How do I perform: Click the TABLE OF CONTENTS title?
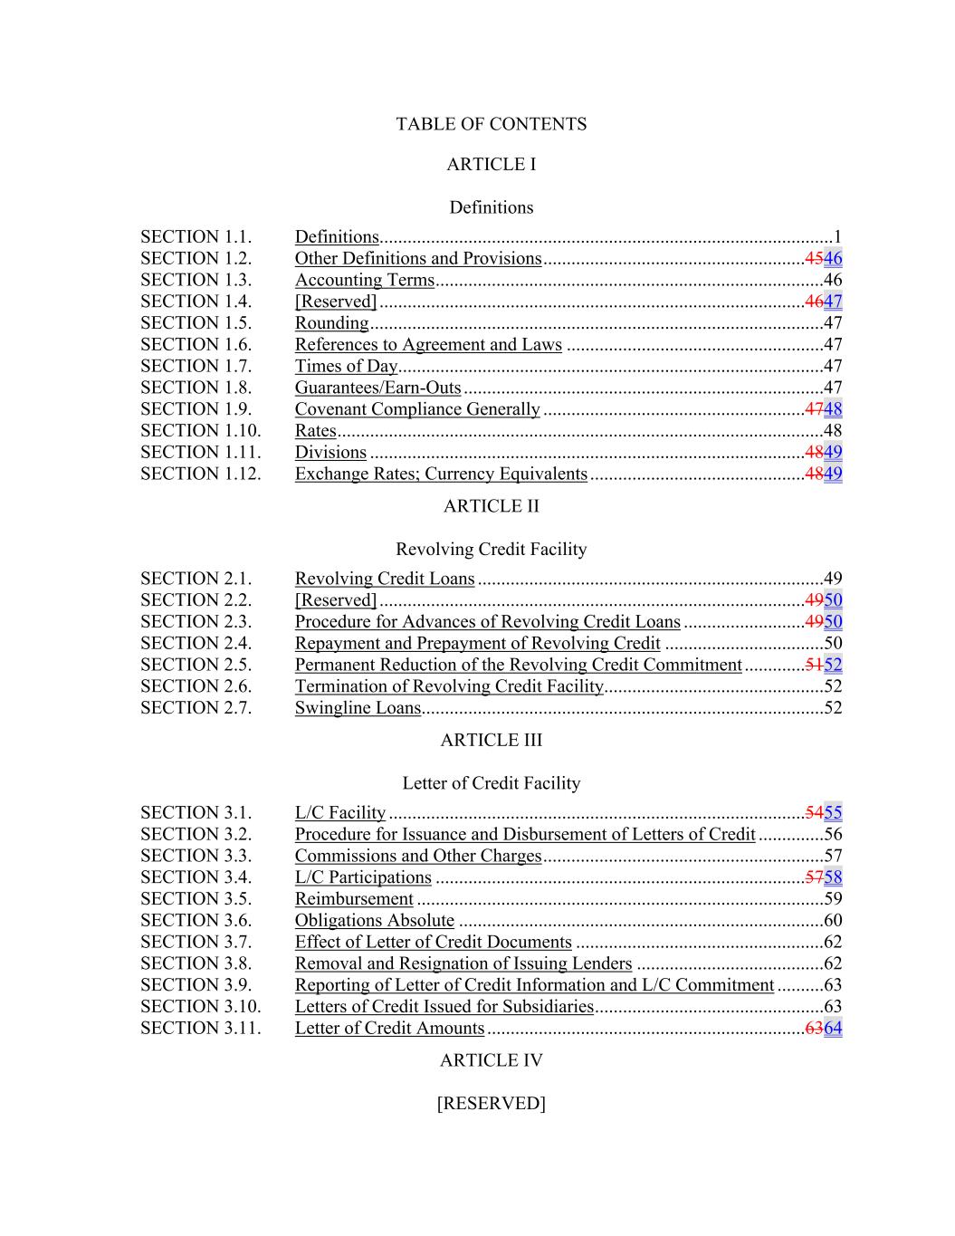coord(491,124)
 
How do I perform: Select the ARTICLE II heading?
coord(491,506)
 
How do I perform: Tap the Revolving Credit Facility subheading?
coord(491,550)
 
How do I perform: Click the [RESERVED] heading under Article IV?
coord(491,1103)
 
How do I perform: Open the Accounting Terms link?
coord(364,280)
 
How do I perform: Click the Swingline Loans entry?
coord(358,708)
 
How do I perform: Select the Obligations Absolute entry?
coord(374,920)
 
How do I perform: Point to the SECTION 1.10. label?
coord(200,431)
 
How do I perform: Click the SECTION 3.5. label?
coord(196,899)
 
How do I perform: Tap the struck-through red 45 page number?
coord(814,258)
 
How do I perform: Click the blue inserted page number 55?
coord(833,813)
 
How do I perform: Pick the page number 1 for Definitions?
coord(837,237)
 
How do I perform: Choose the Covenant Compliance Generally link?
coord(416,409)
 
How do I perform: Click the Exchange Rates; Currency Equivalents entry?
coord(441,474)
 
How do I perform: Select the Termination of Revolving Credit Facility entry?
coord(448,686)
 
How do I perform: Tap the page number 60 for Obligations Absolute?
coord(833,921)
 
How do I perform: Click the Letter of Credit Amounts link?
coord(389,1028)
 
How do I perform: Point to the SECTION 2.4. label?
coord(196,644)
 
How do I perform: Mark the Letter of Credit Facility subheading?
coord(491,783)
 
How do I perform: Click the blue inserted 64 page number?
coord(833,1029)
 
